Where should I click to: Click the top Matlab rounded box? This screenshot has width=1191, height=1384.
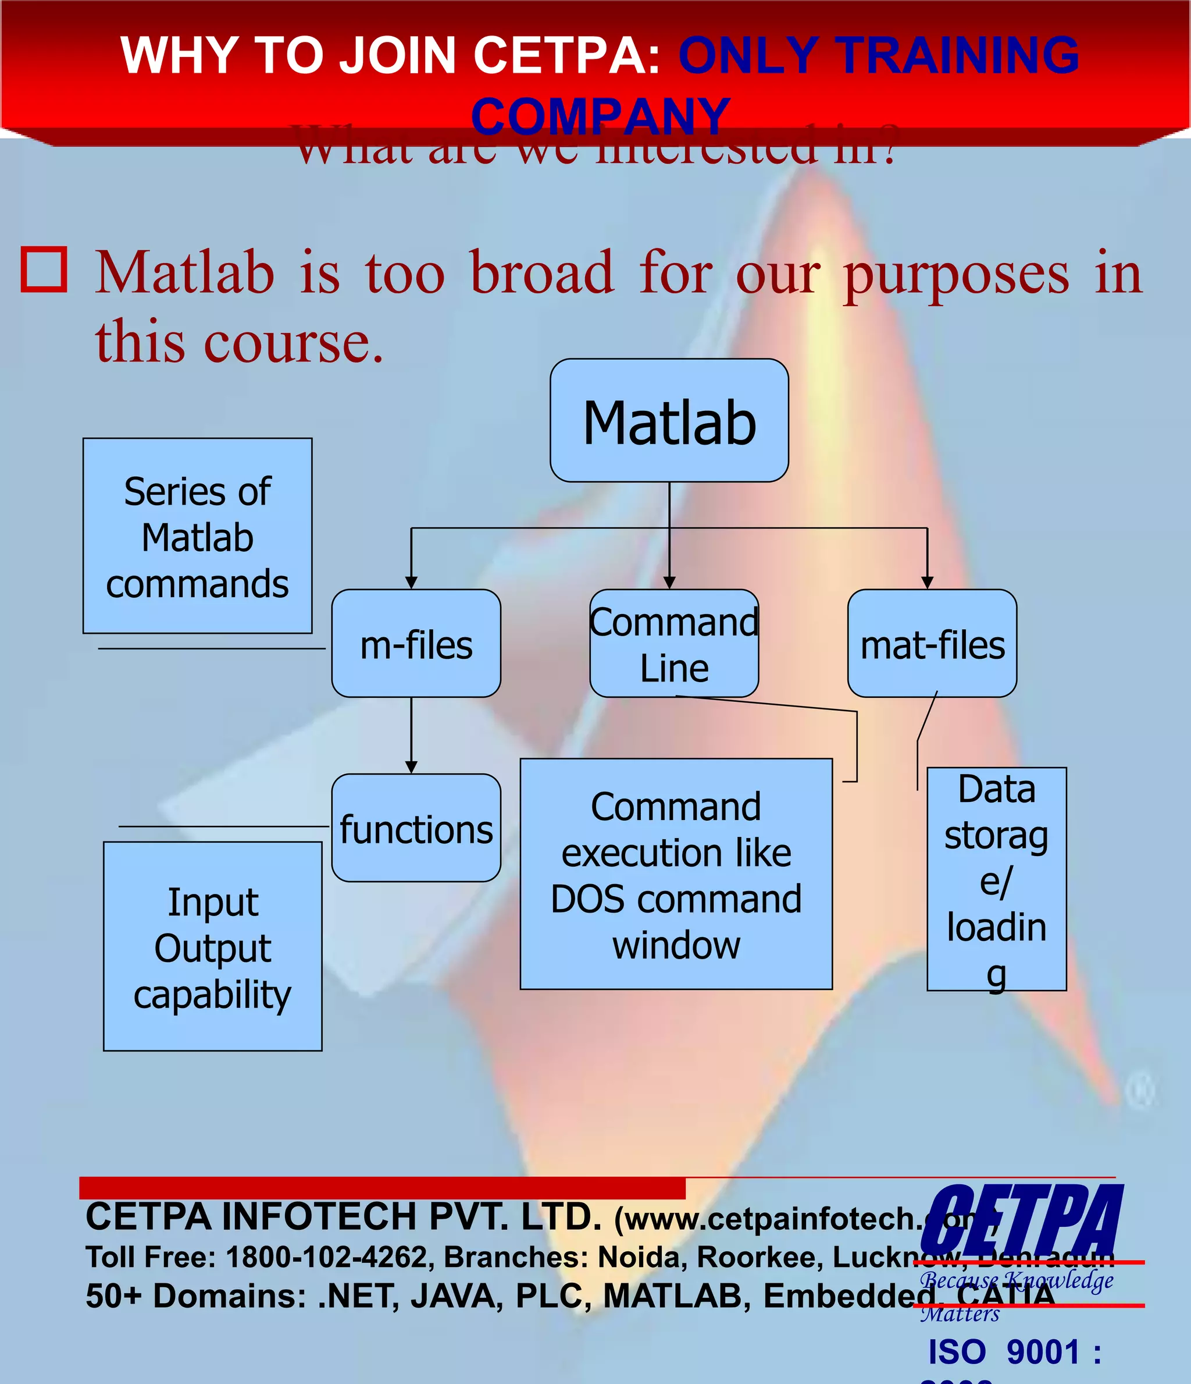click(669, 421)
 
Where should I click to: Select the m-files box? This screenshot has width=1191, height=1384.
click(416, 644)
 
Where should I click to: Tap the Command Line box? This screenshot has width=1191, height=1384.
click(673, 644)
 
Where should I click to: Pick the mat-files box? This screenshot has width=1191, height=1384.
click(932, 644)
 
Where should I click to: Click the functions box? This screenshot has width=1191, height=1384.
click(416, 828)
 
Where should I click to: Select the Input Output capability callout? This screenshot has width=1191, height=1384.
click(212, 947)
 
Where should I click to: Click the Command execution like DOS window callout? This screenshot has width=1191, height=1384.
click(676, 874)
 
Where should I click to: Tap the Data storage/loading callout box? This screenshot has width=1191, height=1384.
click(996, 879)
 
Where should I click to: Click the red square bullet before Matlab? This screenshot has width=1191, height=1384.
click(44, 270)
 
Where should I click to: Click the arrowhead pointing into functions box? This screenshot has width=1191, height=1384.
click(411, 767)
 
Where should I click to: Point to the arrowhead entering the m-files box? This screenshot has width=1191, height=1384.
click(411, 583)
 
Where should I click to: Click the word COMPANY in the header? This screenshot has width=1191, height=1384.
click(601, 116)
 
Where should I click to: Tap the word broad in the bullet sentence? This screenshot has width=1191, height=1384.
click(541, 272)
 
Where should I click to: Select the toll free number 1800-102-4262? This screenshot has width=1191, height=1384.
click(326, 1257)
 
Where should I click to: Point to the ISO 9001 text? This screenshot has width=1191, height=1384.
click(1014, 1353)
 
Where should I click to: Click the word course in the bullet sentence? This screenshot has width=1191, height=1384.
click(294, 342)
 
